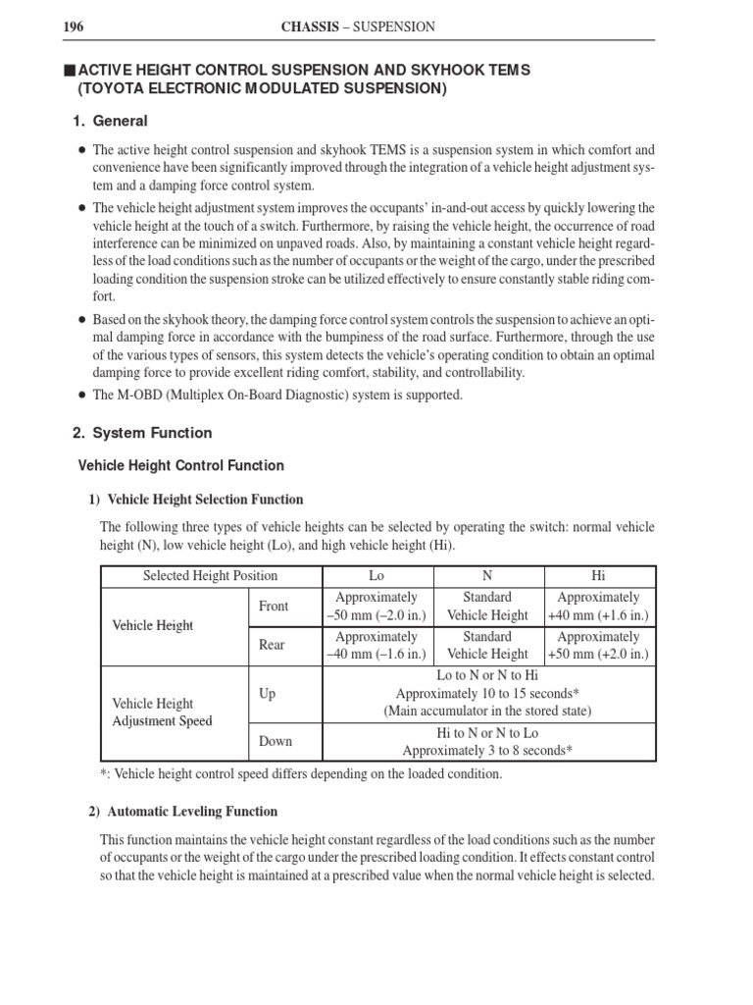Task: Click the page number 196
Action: (x=74, y=26)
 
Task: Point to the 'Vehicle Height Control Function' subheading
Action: (x=180, y=465)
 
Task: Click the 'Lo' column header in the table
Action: (x=376, y=576)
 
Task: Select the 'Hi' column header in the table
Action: (x=598, y=576)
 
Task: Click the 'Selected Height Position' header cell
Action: (x=210, y=576)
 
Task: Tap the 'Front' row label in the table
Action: (x=274, y=607)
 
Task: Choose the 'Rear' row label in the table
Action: (x=272, y=646)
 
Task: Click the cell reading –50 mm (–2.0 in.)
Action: (x=376, y=615)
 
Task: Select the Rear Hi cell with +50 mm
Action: (x=598, y=655)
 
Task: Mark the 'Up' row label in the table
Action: (x=268, y=694)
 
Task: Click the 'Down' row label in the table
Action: (x=276, y=742)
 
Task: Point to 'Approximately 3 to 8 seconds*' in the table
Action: (x=487, y=751)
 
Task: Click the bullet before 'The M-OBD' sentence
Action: (x=80, y=396)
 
